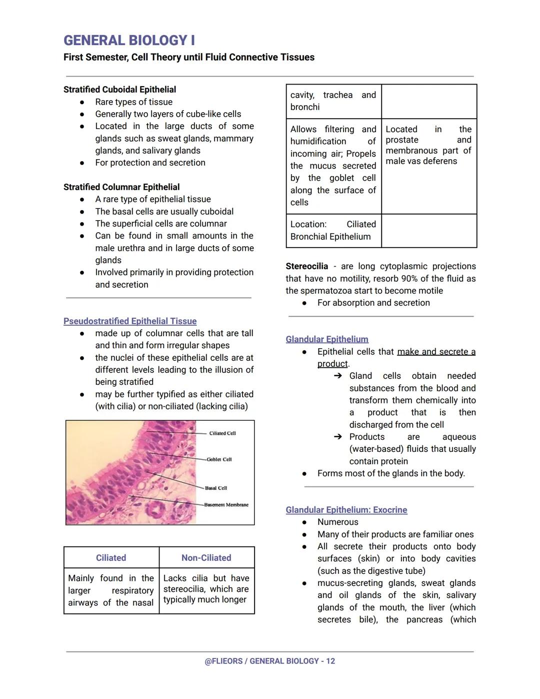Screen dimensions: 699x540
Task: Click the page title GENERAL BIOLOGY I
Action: click(x=129, y=41)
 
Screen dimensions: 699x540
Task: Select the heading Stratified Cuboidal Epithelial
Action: click(x=119, y=90)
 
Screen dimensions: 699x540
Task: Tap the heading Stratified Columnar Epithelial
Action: click(x=121, y=187)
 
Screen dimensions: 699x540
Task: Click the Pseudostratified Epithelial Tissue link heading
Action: click(x=130, y=321)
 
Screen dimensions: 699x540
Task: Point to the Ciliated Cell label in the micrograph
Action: click(x=222, y=433)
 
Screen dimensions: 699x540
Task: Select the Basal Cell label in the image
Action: click(x=216, y=488)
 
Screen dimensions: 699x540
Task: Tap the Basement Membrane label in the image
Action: click(x=226, y=505)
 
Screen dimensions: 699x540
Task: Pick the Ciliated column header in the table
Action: click(x=111, y=558)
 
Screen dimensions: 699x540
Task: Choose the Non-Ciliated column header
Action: click(x=206, y=558)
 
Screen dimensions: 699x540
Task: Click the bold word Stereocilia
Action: click(x=306, y=266)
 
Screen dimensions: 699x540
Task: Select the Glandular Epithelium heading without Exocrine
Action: click(x=327, y=339)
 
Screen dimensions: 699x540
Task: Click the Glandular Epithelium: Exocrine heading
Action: click(x=346, y=510)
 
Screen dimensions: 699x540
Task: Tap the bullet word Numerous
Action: click(x=338, y=522)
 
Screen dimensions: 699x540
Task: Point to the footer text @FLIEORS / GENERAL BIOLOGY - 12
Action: click(x=270, y=661)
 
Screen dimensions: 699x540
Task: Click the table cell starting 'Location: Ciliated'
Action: click(x=333, y=231)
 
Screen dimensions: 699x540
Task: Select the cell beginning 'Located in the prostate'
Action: click(x=428, y=145)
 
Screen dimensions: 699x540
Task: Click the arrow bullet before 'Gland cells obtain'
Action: click(x=338, y=376)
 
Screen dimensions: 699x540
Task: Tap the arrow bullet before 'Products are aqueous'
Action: click(x=338, y=437)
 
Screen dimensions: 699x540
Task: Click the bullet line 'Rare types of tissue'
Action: click(x=134, y=102)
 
